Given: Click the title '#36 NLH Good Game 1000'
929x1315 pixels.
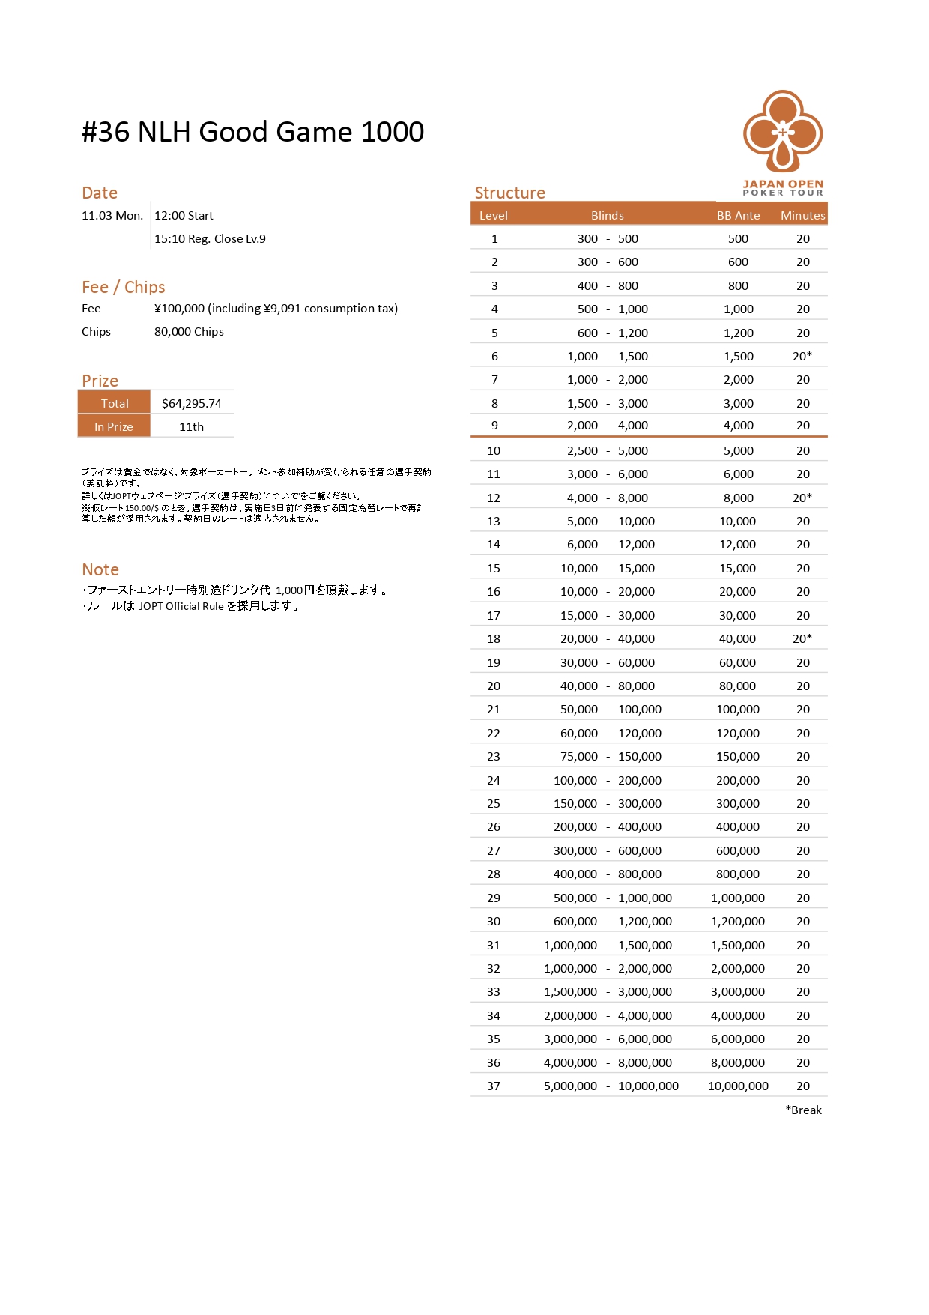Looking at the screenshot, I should pyautogui.click(x=252, y=132).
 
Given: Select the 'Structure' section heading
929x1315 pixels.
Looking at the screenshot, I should pyautogui.click(x=509, y=193).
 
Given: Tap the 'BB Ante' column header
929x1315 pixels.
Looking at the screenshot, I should pyautogui.click(x=738, y=215).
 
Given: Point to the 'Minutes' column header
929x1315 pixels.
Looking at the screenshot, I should pyautogui.click(x=802, y=215).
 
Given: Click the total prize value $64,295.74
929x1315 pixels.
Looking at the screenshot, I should pyautogui.click(x=192, y=403).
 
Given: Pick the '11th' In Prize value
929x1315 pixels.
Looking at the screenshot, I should pyautogui.click(x=191, y=426).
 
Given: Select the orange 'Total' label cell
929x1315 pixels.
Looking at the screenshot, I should pyautogui.click(x=115, y=403).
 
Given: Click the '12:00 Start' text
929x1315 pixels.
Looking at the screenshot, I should pyautogui.click(x=184, y=216).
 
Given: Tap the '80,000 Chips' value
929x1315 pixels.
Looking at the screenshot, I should pyautogui.click(x=189, y=331).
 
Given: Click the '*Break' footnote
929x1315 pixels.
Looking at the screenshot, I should pyautogui.click(x=803, y=1110).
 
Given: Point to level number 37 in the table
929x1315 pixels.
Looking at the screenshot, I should pyautogui.click(x=494, y=1086).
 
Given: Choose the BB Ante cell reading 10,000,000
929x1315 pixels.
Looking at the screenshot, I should pyautogui.click(x=738, y=1086).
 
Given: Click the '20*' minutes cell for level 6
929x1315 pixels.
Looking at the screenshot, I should pyautogui.click(x=802, y=356).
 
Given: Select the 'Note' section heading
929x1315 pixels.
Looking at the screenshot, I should pyautogui.click(x=100, y=569).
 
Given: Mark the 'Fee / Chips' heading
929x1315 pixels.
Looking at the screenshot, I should pyautogui.click(x=123, y=287).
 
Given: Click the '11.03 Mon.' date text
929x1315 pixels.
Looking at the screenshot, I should pyautogui.click(x=112, y=216).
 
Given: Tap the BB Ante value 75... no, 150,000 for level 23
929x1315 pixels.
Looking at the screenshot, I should pyautogui.click(x=738, y=756).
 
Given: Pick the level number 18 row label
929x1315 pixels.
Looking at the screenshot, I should pyautogui.click(x=494, y=638).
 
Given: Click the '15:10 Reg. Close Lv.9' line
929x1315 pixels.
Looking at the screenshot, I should pyautogui.click(x=210, y=239).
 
